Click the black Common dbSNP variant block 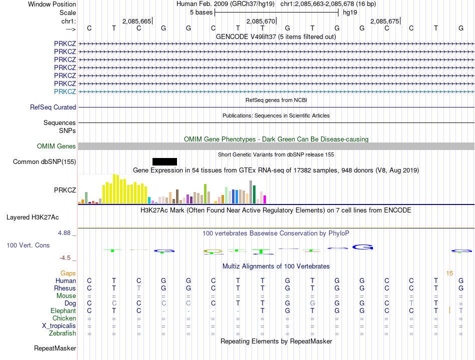pos(164,161)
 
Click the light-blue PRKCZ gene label pos(65,91)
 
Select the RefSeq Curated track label pos(53,107)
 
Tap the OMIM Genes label pos(56,146)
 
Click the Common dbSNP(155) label pos(44,161)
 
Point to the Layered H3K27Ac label pos(32,217)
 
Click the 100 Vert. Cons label pos(28,245)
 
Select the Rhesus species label pos(65,288)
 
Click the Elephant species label pos(63,310)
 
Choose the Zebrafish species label pos(62,333)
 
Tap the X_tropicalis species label pos(59,325)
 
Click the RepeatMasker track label pos(55,348)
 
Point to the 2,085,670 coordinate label pos(261,21)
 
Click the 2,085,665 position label pos(136,21)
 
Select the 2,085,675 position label pos(385,21)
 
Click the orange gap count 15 pos(449,273)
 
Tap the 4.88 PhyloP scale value pos(65,233)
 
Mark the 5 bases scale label pos(201,12)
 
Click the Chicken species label pos(64,318)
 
